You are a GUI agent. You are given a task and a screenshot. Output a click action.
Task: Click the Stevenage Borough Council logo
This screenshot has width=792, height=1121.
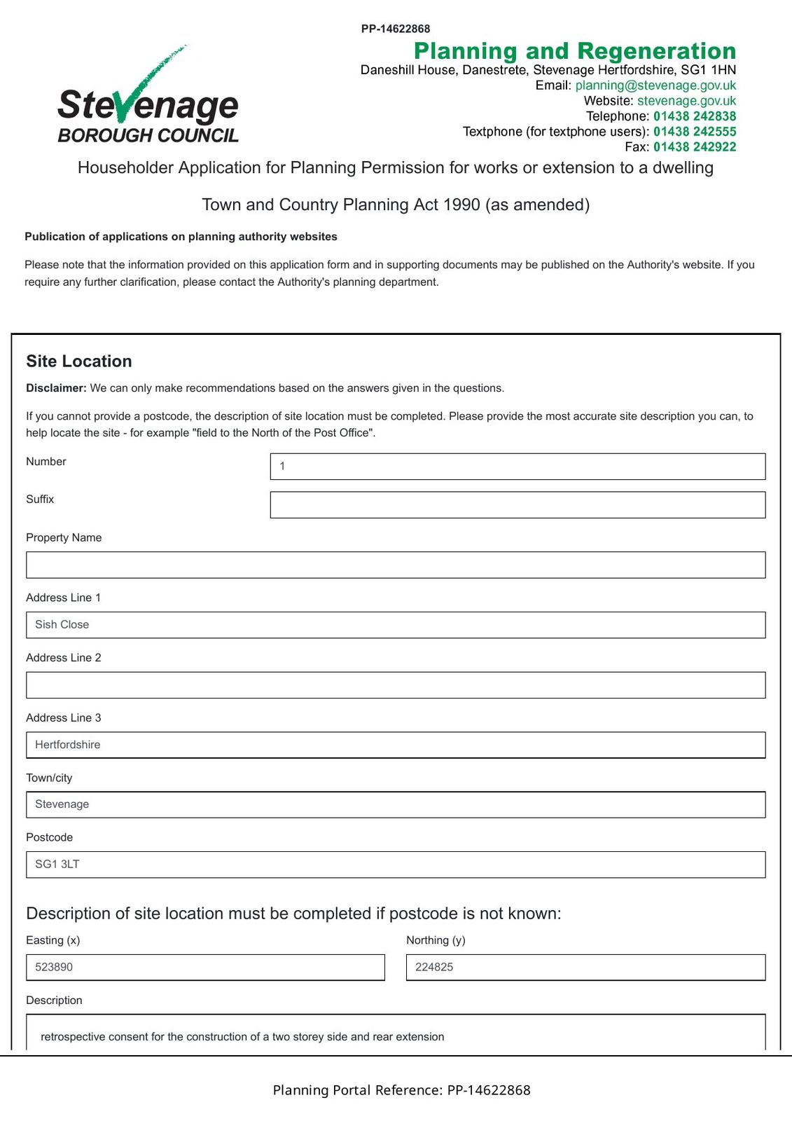coord(148,98)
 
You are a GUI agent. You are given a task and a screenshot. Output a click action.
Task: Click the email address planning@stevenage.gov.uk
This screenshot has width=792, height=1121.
coord(655,85)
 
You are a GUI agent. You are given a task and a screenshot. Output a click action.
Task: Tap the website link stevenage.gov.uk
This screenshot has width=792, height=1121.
coord(686,101)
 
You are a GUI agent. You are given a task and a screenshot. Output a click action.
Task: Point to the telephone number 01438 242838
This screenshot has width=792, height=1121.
coord(695,116)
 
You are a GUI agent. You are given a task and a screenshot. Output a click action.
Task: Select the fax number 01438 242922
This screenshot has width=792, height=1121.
coord(695,147)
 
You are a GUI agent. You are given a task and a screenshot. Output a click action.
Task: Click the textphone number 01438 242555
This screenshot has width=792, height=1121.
coord(695,132)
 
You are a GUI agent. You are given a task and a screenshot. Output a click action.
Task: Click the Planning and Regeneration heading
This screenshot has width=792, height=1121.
coord(575,51)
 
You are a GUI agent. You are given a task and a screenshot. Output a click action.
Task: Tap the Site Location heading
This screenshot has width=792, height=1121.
coord(79,361)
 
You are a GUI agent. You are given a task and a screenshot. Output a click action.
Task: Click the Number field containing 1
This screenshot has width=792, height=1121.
coord(517,467)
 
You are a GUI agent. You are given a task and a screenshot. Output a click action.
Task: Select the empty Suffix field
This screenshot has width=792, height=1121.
coord(517,505)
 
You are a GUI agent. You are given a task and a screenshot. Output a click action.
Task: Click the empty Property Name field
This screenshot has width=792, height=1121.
coord(396,565)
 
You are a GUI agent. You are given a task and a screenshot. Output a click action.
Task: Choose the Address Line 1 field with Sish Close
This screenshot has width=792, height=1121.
coord(396,625)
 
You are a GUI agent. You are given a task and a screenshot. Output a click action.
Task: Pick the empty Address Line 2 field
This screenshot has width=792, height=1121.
coord(396,685)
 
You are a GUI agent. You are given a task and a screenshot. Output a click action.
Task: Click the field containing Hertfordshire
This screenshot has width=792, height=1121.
coord(396,745)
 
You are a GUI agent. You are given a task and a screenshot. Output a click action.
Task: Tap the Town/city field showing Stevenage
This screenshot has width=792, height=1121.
coord(396,804)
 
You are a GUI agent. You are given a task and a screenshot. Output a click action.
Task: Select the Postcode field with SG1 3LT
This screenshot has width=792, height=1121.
coord(396,865)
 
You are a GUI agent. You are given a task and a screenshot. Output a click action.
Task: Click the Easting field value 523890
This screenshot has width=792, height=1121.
coord(205,968)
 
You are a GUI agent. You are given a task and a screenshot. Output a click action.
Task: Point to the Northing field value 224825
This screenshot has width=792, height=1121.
coord(585,968)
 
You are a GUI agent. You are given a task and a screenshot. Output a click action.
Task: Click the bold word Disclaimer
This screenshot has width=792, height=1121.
coord(56,388)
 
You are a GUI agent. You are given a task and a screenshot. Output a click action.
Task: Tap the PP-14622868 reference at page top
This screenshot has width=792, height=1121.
coord(396,29)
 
